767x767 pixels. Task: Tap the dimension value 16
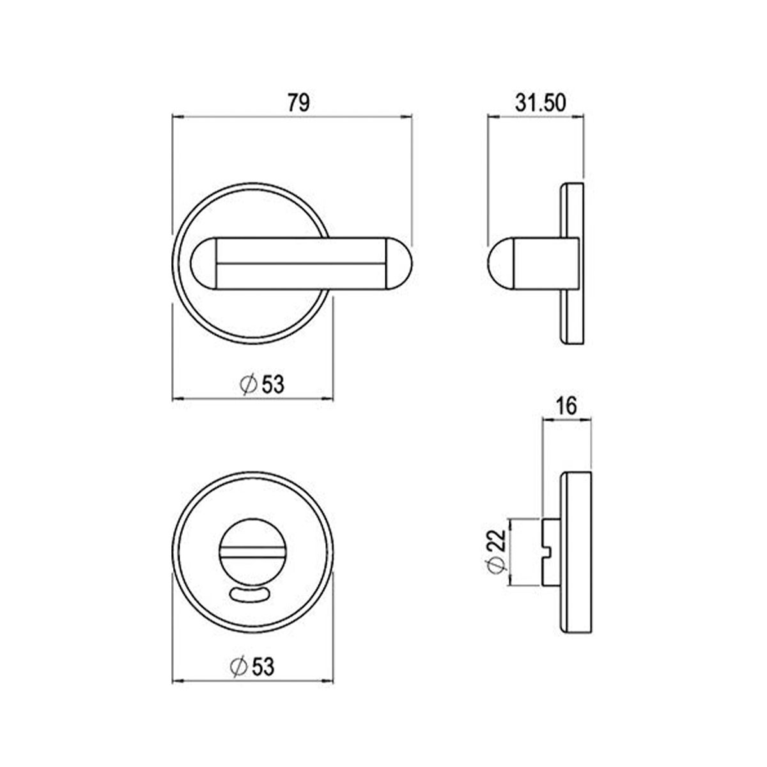tap(566, 405)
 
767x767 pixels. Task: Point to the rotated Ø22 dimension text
tap(499, 551)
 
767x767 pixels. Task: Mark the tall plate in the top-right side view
tap(573, 263)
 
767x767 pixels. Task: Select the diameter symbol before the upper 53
tap(248, 384)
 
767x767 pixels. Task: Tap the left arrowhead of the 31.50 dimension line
tap(493, 117)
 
